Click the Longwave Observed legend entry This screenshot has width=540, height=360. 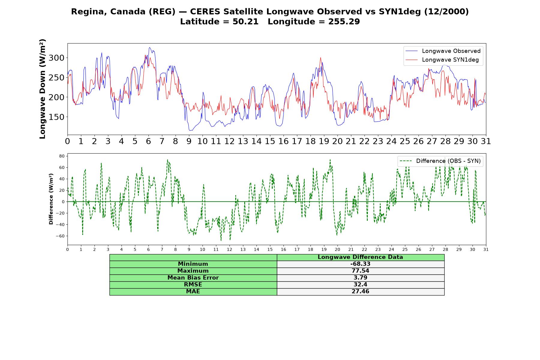pos(443,51)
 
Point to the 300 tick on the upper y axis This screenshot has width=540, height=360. pos(57,58)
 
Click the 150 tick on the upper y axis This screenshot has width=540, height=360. pos(57,117)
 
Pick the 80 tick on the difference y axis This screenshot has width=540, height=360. pos(62,156)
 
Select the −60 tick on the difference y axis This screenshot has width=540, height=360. pos(60,236)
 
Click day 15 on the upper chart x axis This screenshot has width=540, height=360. pos(270,141)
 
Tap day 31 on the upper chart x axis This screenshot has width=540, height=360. pos(486,141)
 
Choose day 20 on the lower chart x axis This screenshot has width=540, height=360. pos(337,249)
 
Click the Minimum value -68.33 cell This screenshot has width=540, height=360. pos(360,264)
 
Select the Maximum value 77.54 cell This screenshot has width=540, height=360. pos(360,271)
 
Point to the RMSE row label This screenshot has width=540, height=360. pos(193,285)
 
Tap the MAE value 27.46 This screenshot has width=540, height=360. pos(360,292)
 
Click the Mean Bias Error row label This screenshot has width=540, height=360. pos(193,278)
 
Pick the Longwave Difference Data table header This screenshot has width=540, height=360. pos(360,257)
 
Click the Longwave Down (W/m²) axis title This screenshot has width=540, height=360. pos(42,89)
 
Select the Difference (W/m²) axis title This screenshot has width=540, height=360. pos(51,199)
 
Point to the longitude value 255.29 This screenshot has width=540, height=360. pos(344,22)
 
